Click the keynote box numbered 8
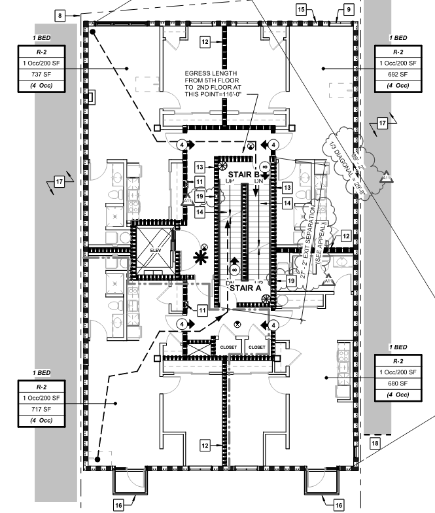click(61, 14)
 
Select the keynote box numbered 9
click(349, 9)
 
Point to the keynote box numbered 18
click(375, 443)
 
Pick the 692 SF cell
click(398, 75)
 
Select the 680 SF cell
click(398, 383)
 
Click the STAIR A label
click(245, 287)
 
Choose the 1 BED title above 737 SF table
click(41, 39)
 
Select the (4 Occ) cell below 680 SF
click(398, 395)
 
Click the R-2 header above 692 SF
click(398, 51)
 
